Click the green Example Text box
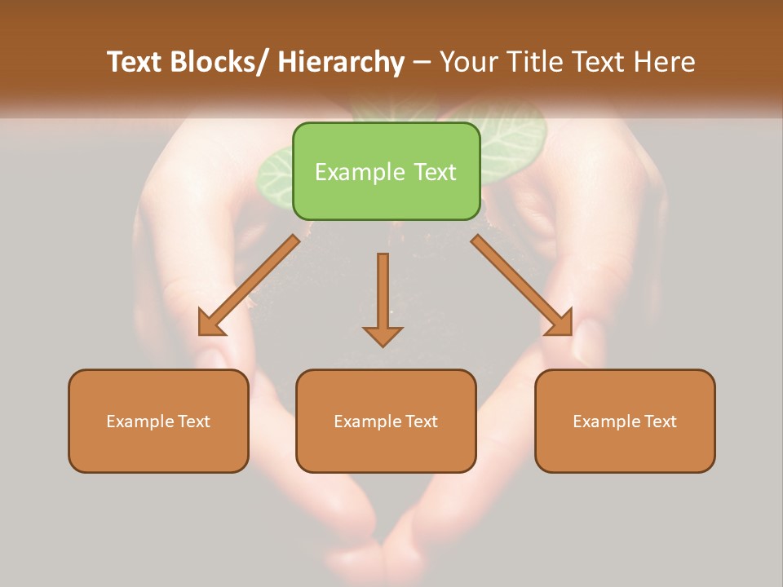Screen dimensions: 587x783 (386, 171)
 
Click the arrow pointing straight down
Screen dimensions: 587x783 (383, 298)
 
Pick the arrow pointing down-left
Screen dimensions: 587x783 (249, 285)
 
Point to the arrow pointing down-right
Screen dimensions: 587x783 (522, 285)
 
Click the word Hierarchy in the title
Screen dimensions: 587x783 (341, 62)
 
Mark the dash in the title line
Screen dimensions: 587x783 (421, 62)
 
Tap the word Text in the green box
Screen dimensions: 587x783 (433, 172)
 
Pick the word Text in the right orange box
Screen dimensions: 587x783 (659, 421)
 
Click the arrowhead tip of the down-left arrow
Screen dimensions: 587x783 (201, 333)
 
